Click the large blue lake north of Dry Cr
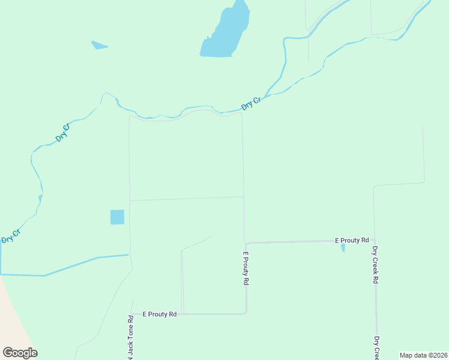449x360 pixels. tap(223, 36)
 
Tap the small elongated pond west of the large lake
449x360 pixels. tap(99, 45)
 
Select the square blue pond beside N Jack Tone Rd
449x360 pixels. tap(117, 217)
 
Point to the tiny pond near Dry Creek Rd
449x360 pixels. tap(343, 247)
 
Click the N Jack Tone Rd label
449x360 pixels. tap(130, 336)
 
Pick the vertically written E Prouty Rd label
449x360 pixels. tap(246, 269)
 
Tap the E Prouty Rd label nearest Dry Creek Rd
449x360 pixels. tap(352, 240)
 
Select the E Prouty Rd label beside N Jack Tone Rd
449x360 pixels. tap(160, 314)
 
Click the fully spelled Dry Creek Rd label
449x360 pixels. tap(375, 265)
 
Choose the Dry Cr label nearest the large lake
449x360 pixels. tap(251, 103)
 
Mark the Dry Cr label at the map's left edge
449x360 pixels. tap(11, 235)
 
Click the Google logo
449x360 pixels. tap(20, 353)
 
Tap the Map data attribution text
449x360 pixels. tap(424, 355)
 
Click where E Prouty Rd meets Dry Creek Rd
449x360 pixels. tap(374, 240)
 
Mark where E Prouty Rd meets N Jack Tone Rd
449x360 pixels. tap(131, 314)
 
